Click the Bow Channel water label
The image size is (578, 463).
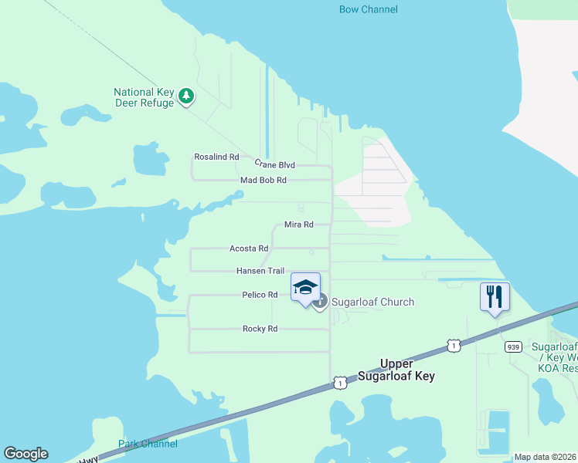pyautogui.click(x=369, y=9)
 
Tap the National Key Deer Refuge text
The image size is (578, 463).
pyautogui.click(x=144, y=97)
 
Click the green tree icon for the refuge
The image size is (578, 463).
pyautogui.click(x=185, y=96)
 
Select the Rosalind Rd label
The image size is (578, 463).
pyautogui.click(x=216, y=157)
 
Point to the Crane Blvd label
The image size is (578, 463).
pyautogui.click(x=274, y=165)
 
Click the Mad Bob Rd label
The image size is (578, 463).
pyautogui.click(x=263, y=180)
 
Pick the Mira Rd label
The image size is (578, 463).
pyautogui.click(x=298, y=225)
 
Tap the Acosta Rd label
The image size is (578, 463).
pyautogui.click(x=249, y=248)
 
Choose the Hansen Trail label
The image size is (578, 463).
pyautogui.click(x=260, y=271)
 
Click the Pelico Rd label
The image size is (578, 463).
pyautogui.click(x=260, y=295)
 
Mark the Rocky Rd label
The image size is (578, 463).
pyautogui.click(x=260, y=329)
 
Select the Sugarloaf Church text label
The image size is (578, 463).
pyautogui.click(x=373, y=302)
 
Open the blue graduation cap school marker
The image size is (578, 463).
pyautogui.click(x=306, y=288)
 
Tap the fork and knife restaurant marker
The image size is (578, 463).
pyautogui.click(x=495, y=297)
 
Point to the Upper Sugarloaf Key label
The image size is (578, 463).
pyautogui.click(x=396, y=370)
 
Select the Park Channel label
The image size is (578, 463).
pyautogui.click(x=148, y=444)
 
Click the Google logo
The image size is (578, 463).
pyautogui.click(x=25, y=454)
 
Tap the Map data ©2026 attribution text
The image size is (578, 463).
pyautogui.click(x=545, y=457)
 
